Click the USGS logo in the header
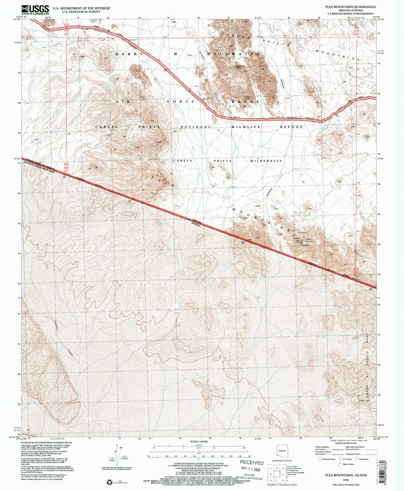click(x=35, y=10)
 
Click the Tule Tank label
click(x=247, y=98)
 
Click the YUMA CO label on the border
click(x=349, y=277)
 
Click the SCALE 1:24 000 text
click(x=199, y=441)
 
